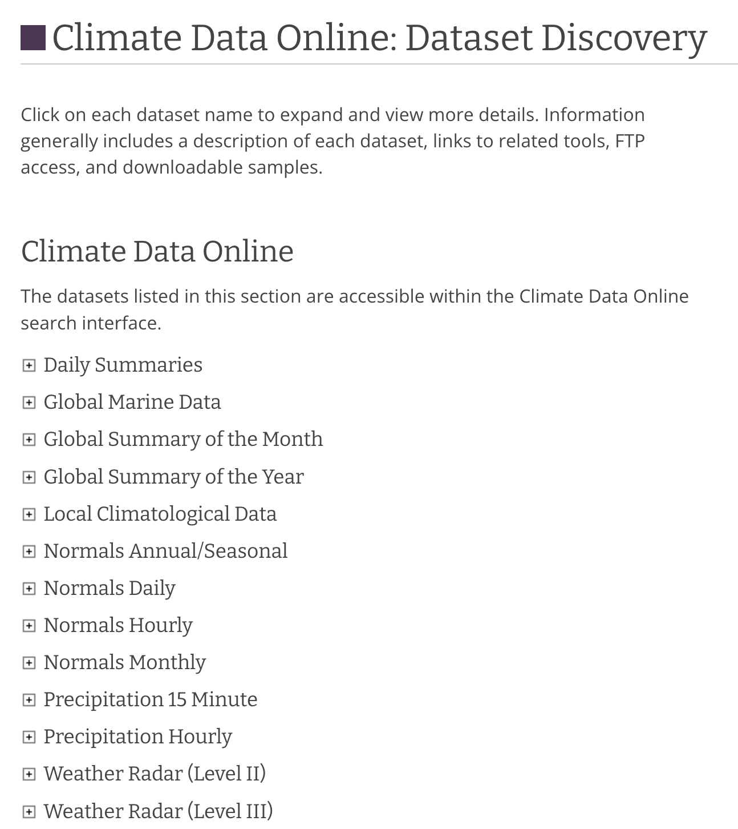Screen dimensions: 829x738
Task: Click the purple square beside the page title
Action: pyautogui.click(x=33, y=38)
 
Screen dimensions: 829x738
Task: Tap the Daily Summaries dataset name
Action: pyautogui.click(x=123, y=365)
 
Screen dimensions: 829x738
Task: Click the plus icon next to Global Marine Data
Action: pyautogui.click(x=29, y=403)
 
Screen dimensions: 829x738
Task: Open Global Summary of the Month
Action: pyautogui.click(x=183, y=439)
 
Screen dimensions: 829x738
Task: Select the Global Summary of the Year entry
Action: pyautogui.click(x=173, y=477)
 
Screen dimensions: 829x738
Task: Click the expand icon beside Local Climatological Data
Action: pyautogui.click(x=29, y=514)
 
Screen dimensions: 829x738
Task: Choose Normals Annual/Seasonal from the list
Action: pyautogui.click(x=165, y=551)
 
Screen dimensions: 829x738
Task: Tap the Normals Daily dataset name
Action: pyautogui.click(x=110, y=588)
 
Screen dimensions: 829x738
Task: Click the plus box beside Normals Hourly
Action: pyautogui.click(x=29, y=626)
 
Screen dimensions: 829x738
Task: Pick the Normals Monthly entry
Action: pyautogui.click(x=124, y=662)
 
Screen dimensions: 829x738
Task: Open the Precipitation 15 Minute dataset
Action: pyautogui.click(x=151, y=699)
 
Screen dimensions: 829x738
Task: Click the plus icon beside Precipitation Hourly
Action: pyautogui.click(x=29, y=737)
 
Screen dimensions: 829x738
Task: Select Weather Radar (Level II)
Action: pyautogui.click(x=155, y=774)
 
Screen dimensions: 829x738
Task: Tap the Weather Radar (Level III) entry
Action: pyautogui.click(x=158, y=811)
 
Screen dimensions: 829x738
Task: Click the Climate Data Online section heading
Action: pyautogui.click(x=157, y=251)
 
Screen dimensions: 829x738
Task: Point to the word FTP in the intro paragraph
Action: pyautogui.click(x=630, y=141)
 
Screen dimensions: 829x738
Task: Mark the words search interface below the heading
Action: pyautogui.click(x=91, y=323)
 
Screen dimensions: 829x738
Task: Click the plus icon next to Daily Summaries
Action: pyautogui.click(x=29, y=365)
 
